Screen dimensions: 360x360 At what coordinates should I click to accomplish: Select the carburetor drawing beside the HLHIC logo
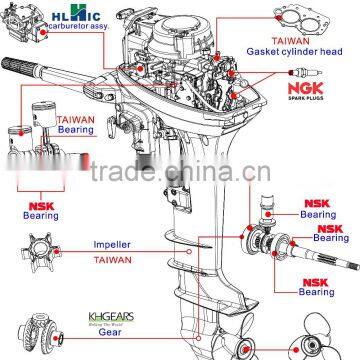[x=24, y=24]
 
